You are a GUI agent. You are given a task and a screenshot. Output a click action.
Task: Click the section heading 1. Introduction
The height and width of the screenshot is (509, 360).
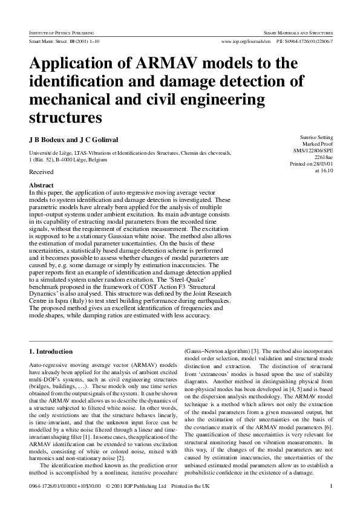[x=51, y=351]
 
